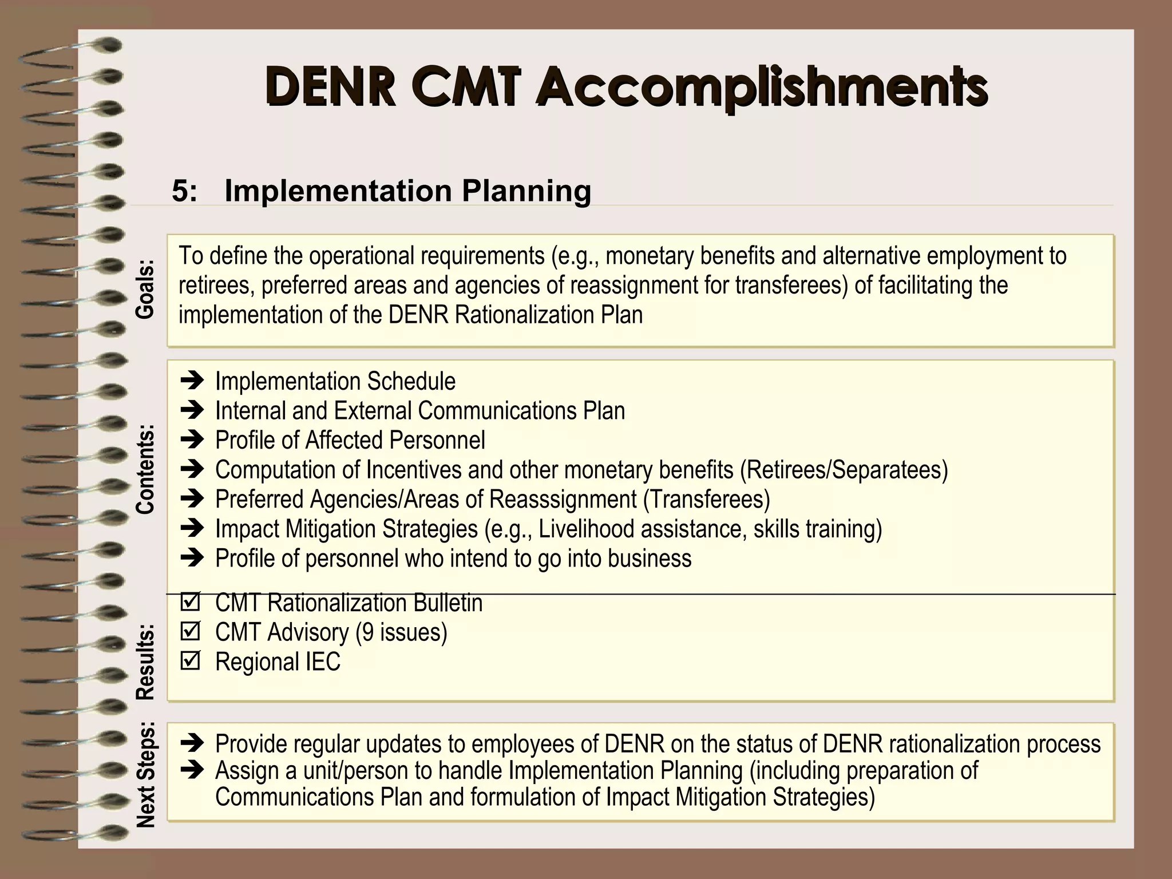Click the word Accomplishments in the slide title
coord(761,88)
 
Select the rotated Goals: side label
coord(145,290)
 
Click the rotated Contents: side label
coord(145,469)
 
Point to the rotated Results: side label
coord(145,662)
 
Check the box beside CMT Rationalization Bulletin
coord(190,602)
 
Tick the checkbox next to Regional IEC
coord(190,661)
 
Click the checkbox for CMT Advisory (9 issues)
coord(190,631)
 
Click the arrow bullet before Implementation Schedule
coord(192,380)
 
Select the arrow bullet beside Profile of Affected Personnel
coord(192,439)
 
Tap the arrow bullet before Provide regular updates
coord(192,743)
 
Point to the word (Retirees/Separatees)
coord(844,470)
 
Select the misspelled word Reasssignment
coord(563,500)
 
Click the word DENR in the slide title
coord(330,88)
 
